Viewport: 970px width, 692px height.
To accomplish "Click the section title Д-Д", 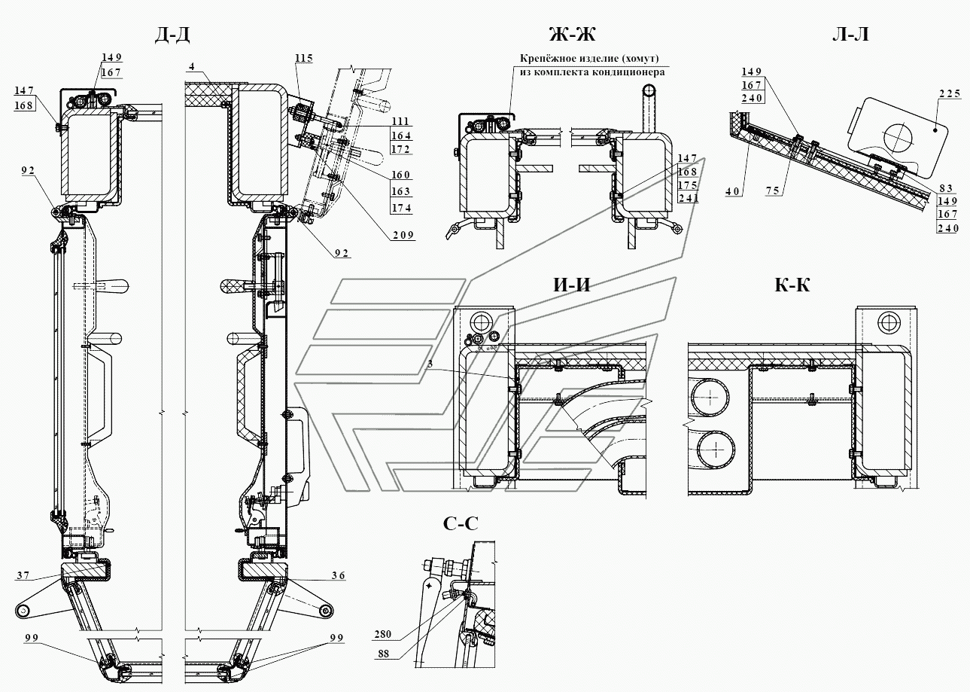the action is pos(172,35).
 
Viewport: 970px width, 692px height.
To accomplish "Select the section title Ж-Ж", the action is pos(573,34).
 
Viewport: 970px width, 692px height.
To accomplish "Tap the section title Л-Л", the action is pos(850,34).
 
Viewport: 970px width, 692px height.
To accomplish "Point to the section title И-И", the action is pos(572,285).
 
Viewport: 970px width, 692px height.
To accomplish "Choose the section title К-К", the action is pos(792,285).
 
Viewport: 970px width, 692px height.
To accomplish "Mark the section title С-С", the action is pos(461,523).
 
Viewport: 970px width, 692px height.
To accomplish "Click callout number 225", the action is pos(950,93).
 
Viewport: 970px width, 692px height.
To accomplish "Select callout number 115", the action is pos(304,58).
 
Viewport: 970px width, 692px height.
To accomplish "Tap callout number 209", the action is pos(403,235).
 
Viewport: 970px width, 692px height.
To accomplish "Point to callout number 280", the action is pos(382,634).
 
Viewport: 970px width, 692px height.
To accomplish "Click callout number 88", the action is pos(383,654).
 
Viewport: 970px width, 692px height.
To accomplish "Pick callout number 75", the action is pos(773,191).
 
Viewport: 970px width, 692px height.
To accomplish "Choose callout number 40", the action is pos(733,191).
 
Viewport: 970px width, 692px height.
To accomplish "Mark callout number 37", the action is pos(23,575).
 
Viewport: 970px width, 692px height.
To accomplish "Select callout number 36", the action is pos(339,575).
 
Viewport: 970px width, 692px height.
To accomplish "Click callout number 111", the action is pos(401,121).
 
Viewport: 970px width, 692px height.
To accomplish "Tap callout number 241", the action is pos(688,198).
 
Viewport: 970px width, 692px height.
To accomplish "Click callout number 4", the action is pos(191,66).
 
